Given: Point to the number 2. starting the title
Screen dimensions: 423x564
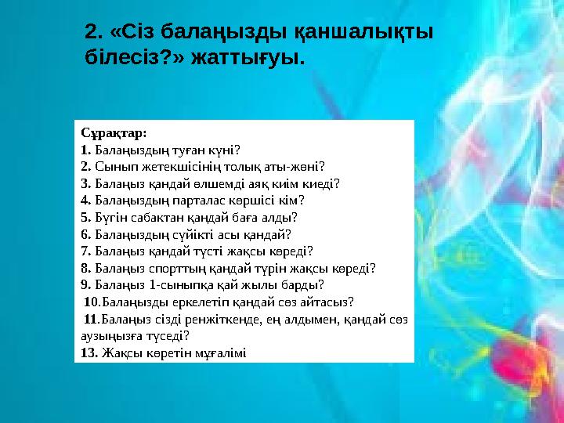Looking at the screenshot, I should tap(94, 32).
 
